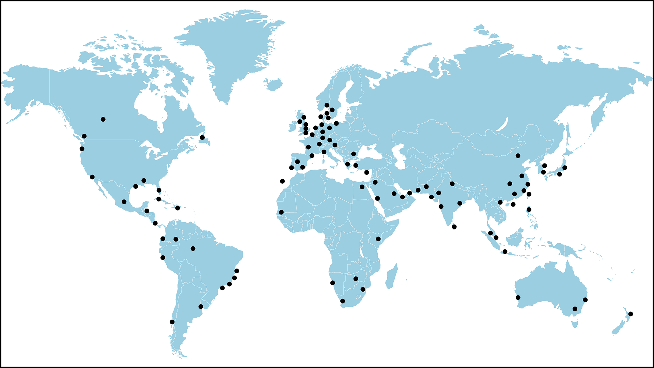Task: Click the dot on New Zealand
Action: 630,314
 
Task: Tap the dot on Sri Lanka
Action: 454,227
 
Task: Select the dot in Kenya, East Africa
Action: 378,239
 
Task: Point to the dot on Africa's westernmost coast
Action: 281,212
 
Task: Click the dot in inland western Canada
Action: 103,119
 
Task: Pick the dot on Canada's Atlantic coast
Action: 202,137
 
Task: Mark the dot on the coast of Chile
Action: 172,322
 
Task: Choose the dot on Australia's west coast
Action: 518,297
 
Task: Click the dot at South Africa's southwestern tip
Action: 343,301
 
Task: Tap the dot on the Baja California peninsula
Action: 92,177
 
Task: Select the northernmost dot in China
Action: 518,156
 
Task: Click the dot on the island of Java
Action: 505,251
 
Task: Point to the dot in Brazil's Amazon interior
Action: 193,248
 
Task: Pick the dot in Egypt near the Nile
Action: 362,187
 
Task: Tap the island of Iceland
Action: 274,84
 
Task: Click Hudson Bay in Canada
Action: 150,102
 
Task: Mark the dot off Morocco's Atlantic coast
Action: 282,181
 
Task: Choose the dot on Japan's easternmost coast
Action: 565,168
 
